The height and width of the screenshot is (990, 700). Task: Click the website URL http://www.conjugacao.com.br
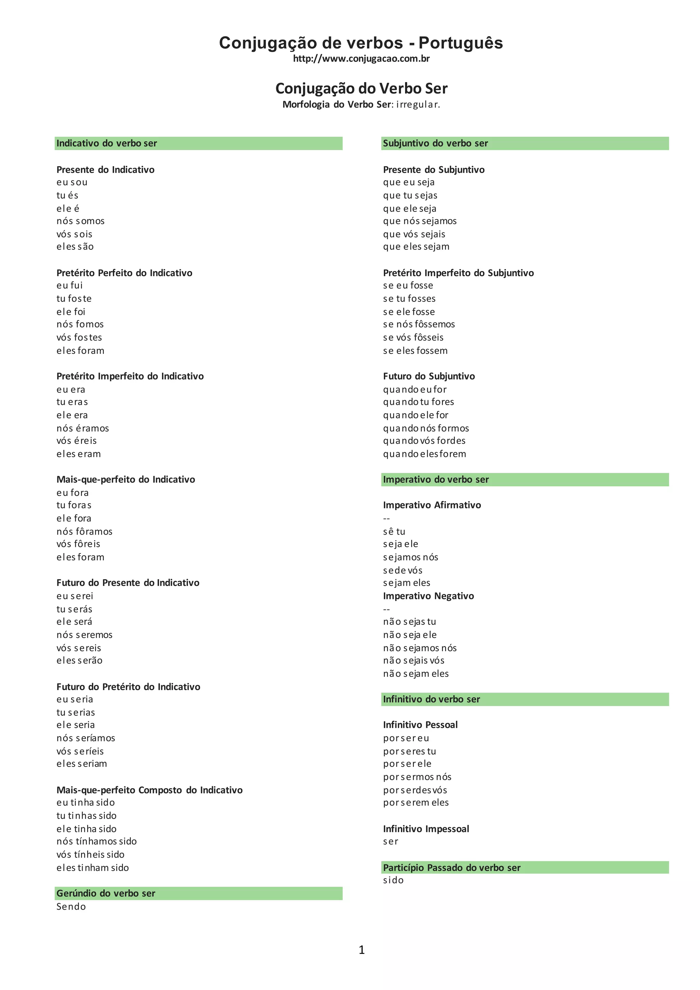[x=361, y=59]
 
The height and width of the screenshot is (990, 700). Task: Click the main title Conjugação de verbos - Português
[x=361, y=43]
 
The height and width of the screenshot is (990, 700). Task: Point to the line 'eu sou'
[x=72, y=183]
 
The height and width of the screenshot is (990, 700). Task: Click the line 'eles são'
[x=75, y=246]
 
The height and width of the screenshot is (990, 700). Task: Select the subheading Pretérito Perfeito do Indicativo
[x=124, y=273]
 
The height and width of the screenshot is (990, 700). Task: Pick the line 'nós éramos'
[x=83, y=428]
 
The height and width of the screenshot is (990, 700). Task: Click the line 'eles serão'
[x=79, y=660]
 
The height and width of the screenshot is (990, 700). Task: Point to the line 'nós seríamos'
[x=86, y=738]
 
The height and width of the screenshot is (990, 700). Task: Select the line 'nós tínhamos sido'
[x=96, y=841]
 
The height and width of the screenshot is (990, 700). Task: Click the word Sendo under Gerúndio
[x=71, y=907]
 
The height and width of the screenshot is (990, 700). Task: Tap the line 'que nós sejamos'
[x=420, y=221]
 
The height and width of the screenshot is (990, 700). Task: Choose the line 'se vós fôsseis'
[x=413, y=338]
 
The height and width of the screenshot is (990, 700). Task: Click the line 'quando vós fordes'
[x=424, y=441]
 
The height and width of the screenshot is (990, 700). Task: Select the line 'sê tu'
[x=394, y=532]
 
